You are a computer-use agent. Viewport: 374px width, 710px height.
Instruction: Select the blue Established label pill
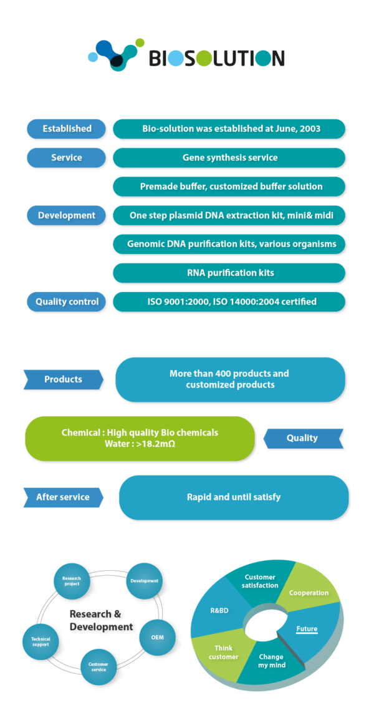click(x=67, y=129)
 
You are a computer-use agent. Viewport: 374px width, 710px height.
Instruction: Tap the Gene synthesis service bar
click(x=229, y=157)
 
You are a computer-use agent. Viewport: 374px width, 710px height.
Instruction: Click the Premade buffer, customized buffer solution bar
click(x=229, y=187)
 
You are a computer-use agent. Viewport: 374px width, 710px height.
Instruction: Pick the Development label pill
click(x=67, y=215)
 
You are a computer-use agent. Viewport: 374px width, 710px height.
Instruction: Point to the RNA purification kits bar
click(x=229, y=273)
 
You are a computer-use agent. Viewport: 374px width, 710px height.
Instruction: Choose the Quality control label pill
click(x=67, y=301)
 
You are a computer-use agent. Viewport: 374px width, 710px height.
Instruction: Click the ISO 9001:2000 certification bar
click(x=229, y=301)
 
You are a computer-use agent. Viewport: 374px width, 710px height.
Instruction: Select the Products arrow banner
click(x=63, y=379)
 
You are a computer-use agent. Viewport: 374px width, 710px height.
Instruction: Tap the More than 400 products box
click(x=230, y=379)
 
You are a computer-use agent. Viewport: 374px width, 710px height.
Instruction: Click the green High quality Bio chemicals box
click(x=140, y=438)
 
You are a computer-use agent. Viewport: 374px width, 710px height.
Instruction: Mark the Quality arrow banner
click(x=302, y=438)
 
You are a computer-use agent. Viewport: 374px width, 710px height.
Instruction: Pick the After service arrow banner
click(x=63, y=497)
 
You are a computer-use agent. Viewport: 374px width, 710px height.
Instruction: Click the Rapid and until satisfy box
click(x=233, y=497)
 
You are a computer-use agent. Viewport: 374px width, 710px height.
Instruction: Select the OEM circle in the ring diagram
click(x=157, y=638)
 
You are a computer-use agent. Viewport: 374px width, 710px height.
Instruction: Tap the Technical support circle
click(x=41, y=641)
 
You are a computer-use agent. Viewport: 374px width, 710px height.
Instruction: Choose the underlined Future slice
click(x=309, y=630)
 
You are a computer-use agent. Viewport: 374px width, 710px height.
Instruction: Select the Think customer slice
click(x=223, y=652)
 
